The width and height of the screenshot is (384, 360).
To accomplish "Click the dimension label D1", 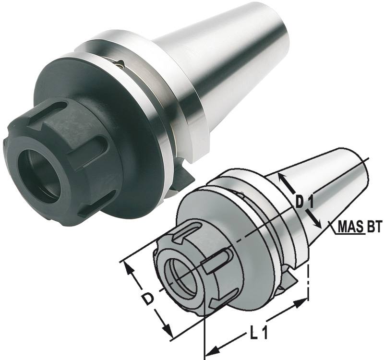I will (x=304, y=202).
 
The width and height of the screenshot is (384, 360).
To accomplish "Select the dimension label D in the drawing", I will (x=149, y=300).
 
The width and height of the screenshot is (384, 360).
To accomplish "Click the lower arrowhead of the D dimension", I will (x=168, y=332).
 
